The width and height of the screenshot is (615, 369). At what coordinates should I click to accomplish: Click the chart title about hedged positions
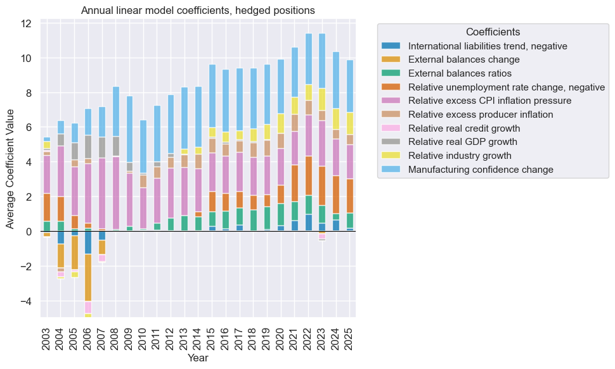point(198,10)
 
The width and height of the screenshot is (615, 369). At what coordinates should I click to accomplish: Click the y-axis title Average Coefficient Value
point(10,168)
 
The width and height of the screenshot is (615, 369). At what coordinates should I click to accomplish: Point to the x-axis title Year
point(198,358)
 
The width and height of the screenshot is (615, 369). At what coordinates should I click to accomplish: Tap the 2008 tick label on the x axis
point(116,335)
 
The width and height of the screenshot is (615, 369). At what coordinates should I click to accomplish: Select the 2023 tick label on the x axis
point(321,335)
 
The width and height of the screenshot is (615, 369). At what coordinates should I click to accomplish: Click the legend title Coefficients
point(493,32)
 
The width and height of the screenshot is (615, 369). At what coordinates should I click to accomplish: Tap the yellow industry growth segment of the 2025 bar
point(349,123)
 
